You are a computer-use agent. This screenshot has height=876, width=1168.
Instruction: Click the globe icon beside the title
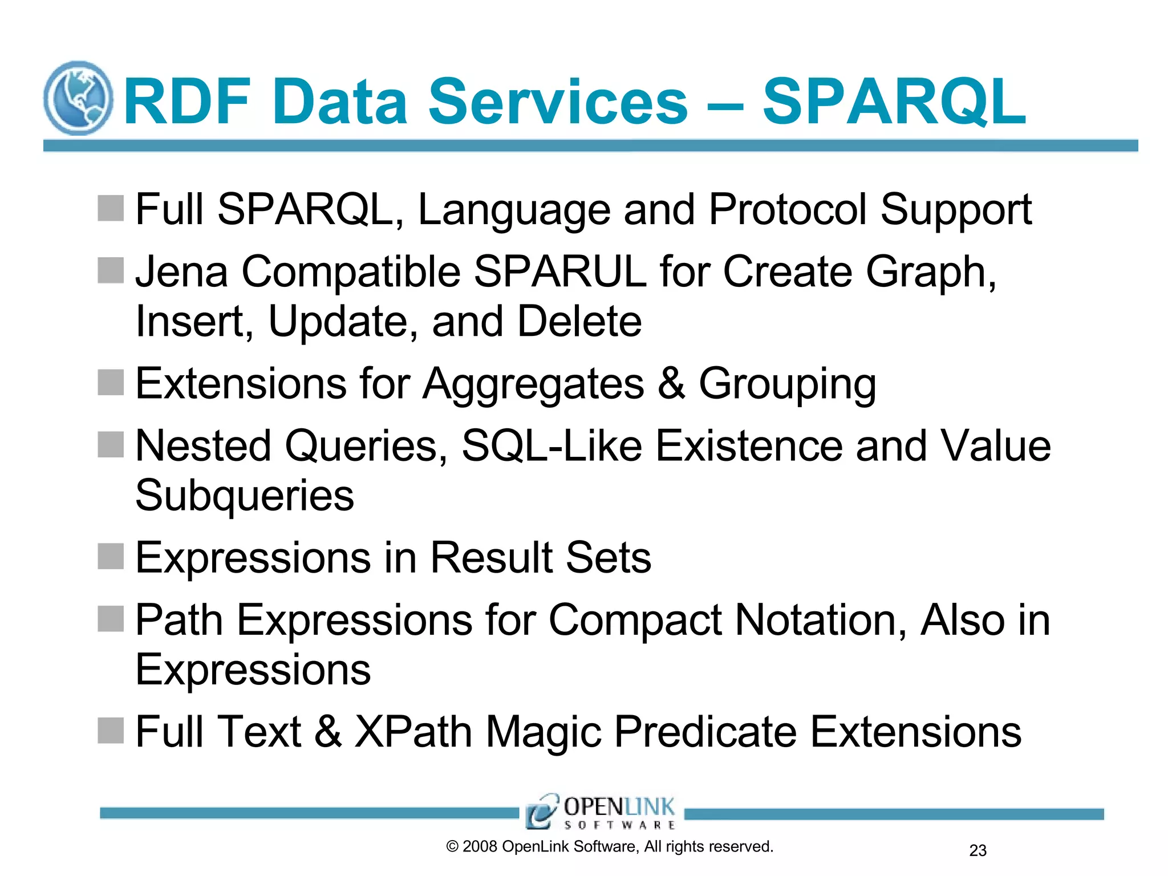point(78,98)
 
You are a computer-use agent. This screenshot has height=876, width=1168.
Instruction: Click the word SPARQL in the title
point(894,103)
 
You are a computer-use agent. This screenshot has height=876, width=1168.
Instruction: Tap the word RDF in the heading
point(188,103)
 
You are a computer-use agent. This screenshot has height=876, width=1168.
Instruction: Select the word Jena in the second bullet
point(181,271)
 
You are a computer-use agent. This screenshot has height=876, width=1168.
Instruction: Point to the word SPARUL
point(560,271)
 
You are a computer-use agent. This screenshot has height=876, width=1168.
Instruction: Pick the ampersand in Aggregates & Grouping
point(671,383)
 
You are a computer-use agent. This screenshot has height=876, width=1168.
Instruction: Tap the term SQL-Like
point(551,446)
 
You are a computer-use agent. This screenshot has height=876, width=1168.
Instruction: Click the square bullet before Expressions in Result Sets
point(111,556)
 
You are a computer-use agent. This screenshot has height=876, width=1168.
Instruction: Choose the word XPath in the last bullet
point(413,732)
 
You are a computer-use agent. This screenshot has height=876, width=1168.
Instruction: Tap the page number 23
point(978,850)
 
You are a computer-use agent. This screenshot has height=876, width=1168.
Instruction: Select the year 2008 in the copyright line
point(480,846)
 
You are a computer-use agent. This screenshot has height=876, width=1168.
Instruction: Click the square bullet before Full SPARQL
point(111,208)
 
